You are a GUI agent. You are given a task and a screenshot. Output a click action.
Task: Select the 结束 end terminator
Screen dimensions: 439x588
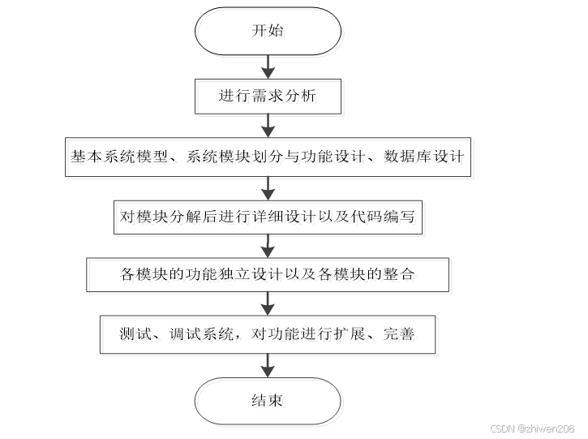click(x=268, y=401)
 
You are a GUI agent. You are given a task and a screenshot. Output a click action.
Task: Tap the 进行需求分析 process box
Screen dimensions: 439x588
click(x=268, y=96)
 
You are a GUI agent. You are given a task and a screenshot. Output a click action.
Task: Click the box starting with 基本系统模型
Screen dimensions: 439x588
click(x=268, y=156)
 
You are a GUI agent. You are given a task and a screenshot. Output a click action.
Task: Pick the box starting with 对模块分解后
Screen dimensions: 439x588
click(x=268, y=216)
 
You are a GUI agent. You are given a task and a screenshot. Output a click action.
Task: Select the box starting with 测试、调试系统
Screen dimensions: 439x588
click(x=268, y=334)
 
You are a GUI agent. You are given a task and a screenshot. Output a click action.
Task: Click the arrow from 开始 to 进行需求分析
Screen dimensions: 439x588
click(x=268, y=66)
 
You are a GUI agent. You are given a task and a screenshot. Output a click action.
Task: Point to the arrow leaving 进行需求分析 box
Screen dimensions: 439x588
click(x=268, y=125)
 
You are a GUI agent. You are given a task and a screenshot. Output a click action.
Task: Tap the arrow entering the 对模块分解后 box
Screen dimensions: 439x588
click(x=268, y=186)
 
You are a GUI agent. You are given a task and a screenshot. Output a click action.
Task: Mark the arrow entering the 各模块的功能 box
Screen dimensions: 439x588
click(x=268, y=245)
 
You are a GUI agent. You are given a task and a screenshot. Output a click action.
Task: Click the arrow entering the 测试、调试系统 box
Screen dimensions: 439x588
click(x=268, y=303)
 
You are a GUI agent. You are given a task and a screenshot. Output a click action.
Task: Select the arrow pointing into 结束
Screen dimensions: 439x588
click(x=268, y=364)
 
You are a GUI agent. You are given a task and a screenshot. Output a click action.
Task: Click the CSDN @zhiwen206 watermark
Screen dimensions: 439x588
click(x=533, y=428)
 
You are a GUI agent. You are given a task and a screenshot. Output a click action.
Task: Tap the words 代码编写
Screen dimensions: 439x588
click(x=388, y=216)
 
